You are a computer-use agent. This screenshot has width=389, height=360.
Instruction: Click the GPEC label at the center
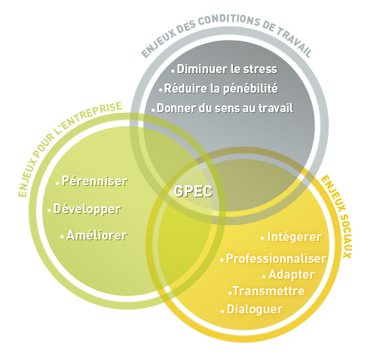click(x=193, y=191)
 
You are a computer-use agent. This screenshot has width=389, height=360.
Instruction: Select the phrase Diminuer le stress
click(x=227, y=69)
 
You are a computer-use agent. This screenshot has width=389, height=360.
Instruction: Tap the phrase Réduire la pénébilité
click(x=221, y=89)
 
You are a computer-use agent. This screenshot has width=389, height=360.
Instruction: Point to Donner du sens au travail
click(x=225, y=108)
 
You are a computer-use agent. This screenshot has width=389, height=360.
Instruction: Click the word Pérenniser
click(x=95, y=181)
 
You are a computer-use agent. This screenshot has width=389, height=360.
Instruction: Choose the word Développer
click(x=87, y=209)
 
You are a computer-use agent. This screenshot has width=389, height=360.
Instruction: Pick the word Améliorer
click(x=96, y=235)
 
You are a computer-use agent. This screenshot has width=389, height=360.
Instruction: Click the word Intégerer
click(x=294, y=237)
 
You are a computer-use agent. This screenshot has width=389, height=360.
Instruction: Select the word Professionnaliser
click(x=276, y=258)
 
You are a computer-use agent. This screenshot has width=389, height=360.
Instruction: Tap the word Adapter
click(x=292, y=275)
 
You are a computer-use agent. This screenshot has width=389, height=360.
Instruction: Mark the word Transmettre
click(x=269, y=291)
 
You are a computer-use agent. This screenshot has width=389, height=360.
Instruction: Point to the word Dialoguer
click(x=255, y=310)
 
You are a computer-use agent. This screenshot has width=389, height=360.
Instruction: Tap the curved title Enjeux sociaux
click(x=335, y=217)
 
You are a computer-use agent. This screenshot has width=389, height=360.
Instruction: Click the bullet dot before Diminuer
click(x=173, y=72)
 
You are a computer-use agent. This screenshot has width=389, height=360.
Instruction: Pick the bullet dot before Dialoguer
click(x=222, y=311)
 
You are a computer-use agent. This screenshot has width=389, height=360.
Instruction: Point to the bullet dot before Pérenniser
click(x=57, y=184)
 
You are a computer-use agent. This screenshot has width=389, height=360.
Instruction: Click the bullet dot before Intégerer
click(x=262, y=238)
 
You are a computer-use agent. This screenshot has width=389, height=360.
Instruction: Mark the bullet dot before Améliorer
click(x=62, y=236)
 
